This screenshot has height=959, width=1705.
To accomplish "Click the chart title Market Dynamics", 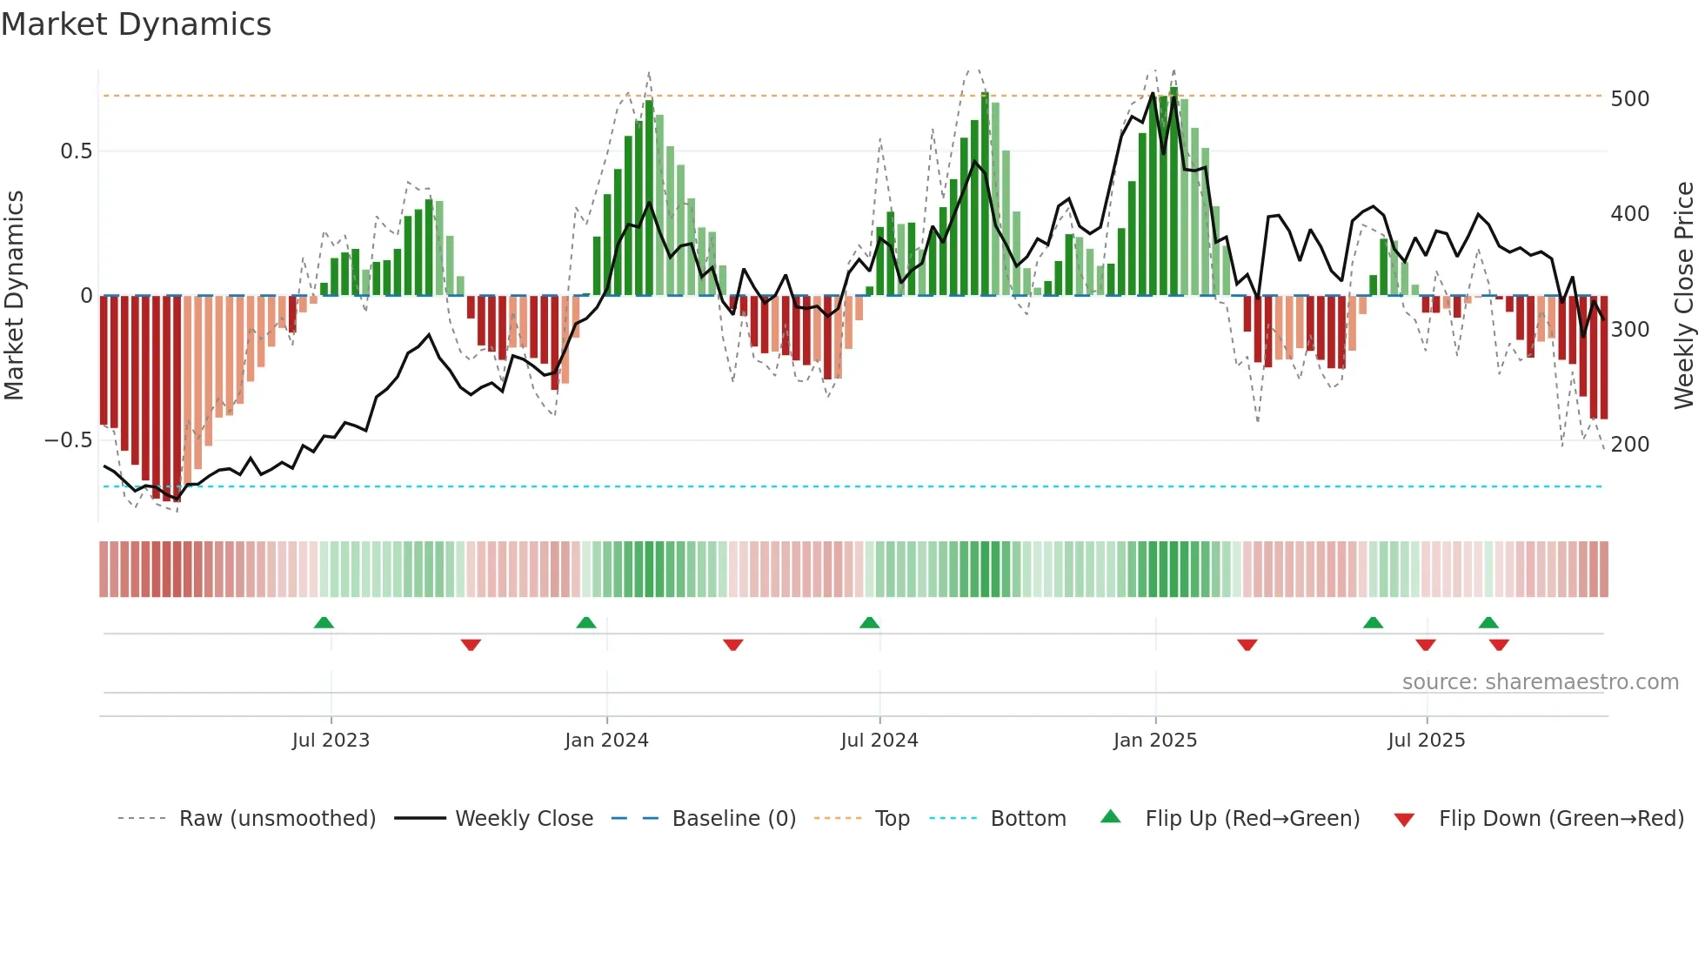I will click(x=136, y=24).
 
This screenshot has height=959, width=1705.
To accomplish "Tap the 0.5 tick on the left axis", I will click(x=76, y=151).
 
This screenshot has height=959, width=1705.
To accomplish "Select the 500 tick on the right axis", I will click(x=1629, y=99).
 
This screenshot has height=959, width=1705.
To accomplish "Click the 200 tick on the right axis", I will click(x=1629, y=445).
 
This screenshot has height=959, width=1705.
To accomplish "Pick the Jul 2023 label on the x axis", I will click(x=331, y=741).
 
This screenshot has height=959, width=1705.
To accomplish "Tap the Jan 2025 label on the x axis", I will click(x=1154, y=741).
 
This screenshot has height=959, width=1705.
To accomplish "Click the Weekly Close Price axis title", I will click(x=1683, y=296).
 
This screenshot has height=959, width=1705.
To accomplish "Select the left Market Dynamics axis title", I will click(x=14, y=296).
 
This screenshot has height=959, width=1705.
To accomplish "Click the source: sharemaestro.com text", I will click(x=1540, y=682).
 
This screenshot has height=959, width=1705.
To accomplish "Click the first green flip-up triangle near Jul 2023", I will click(x=324, y=622).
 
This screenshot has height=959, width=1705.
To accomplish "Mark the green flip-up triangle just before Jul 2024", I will click(x=869, y=622).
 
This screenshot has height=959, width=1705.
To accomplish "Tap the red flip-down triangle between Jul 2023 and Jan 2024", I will click(x=471, y=645).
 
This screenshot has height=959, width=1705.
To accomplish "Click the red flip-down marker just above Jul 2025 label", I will click(x=1425, y=645).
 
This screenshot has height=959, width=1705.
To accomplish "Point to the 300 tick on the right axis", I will click(x=1629, y=330).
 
